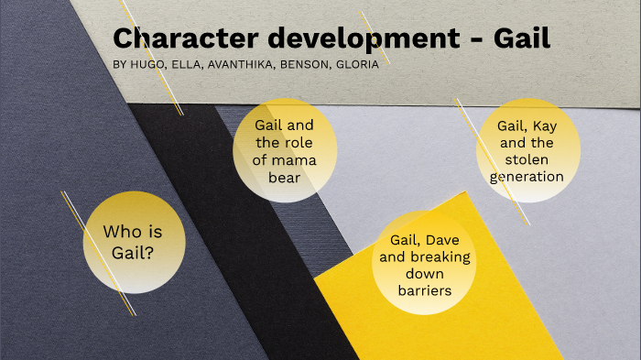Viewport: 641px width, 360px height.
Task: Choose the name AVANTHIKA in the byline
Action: [244, 65]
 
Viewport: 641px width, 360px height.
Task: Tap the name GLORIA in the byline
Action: [357, 65]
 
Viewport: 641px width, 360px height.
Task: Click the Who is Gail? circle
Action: [135, 242]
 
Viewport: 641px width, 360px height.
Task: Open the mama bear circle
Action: [286, 148]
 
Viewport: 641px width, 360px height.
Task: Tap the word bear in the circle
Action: [285, 177]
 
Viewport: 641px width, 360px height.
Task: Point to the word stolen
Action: [527, 159]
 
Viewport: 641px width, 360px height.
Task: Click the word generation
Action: [527, 176]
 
